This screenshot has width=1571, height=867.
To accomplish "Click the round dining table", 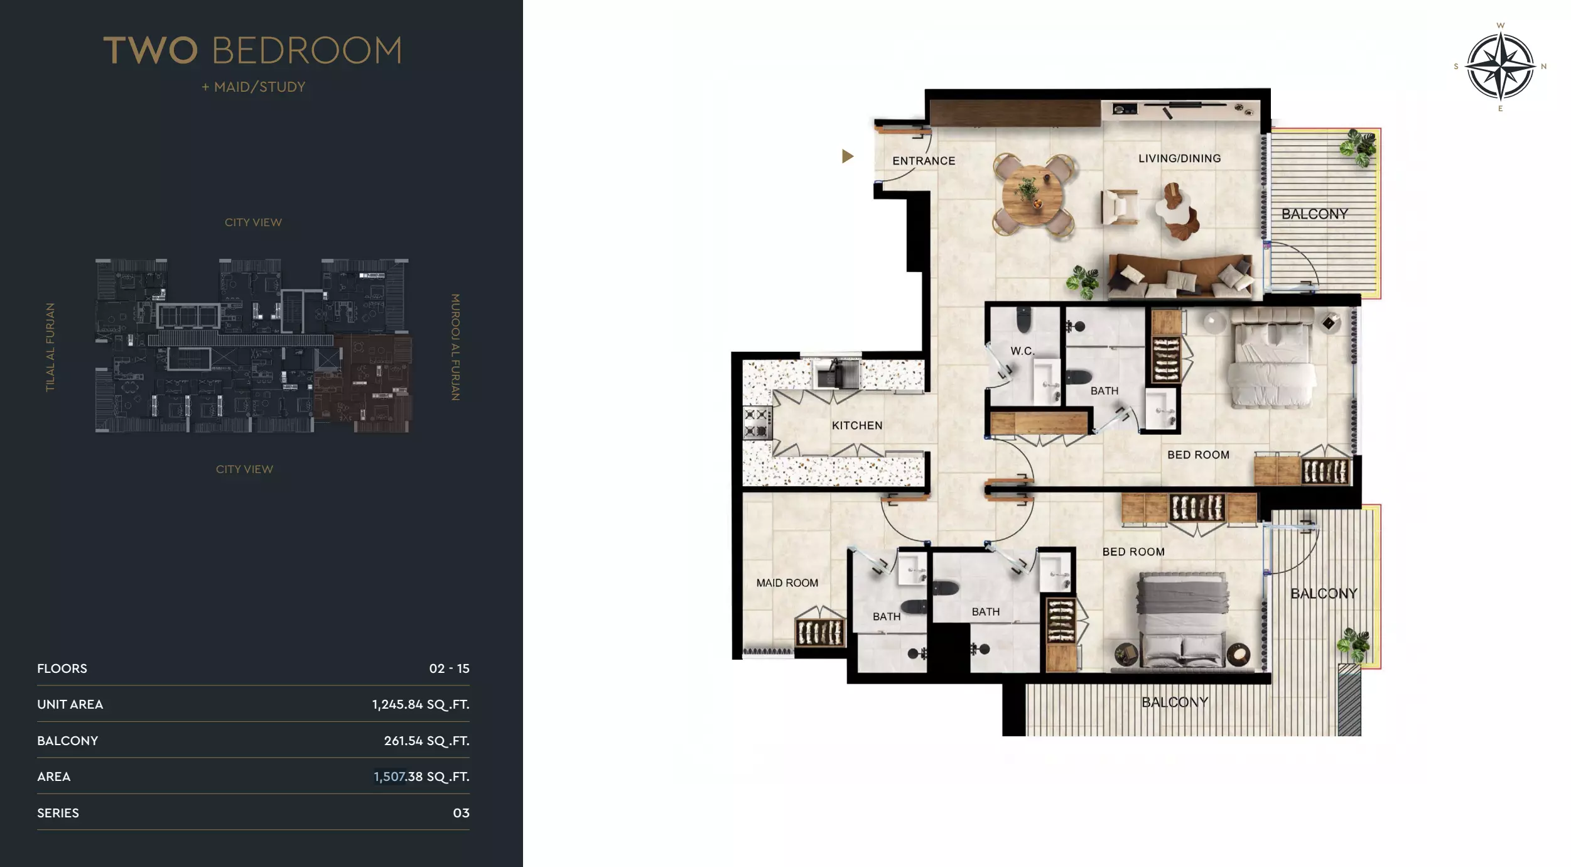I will click(x=1033, y=194).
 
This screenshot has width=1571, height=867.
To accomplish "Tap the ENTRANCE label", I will click(x=924, y=161).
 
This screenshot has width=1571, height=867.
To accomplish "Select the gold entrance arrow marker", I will click(x=847, y=156).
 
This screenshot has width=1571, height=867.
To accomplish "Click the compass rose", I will click(x=1500, y=66).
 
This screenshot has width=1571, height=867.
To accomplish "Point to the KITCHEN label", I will click(x=857, y=425).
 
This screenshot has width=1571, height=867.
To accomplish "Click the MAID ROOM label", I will click(x=787, y=583).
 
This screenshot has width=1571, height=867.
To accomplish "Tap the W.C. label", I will click(x=1022, y=351).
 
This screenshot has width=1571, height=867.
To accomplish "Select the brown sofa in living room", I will click(x=1180, y=276).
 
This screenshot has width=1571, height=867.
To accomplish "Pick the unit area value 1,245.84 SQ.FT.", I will click(x=420, y=704).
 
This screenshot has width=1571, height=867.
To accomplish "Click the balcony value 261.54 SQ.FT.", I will click(x=426, y=741).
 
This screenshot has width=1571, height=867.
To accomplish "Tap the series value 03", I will click(x=461, y=813).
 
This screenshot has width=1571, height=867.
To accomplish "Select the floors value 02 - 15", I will click(x=449, y=668).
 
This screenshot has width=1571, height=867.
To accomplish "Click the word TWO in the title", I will click(x=151, y=50).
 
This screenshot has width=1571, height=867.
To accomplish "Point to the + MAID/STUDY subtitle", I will click(x=254, y=87).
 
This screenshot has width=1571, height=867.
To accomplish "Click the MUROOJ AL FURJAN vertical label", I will click(x=456, y=347).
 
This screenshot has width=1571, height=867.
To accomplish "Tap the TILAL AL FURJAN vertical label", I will click(x=50, y=347).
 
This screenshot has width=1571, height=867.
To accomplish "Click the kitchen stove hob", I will click(x=756, y=423).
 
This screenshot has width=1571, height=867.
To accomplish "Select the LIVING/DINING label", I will click(x=1179, y=158).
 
